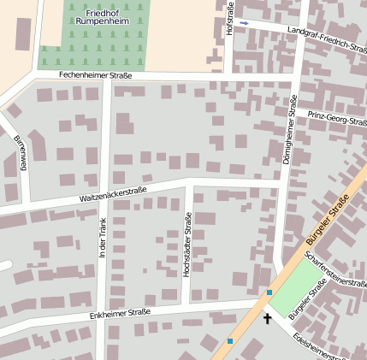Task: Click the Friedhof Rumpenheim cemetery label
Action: pos(107,18)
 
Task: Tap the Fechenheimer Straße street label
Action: pos(95,76)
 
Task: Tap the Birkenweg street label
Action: pos(19,151)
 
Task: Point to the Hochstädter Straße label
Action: pos(187,245)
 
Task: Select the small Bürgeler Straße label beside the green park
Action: pos(308,303)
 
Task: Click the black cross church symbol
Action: pos(267,319)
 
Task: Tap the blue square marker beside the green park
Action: pos(269,293)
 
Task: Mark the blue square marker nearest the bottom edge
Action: pos(229,341)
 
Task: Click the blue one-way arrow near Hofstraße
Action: pos(244,23)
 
